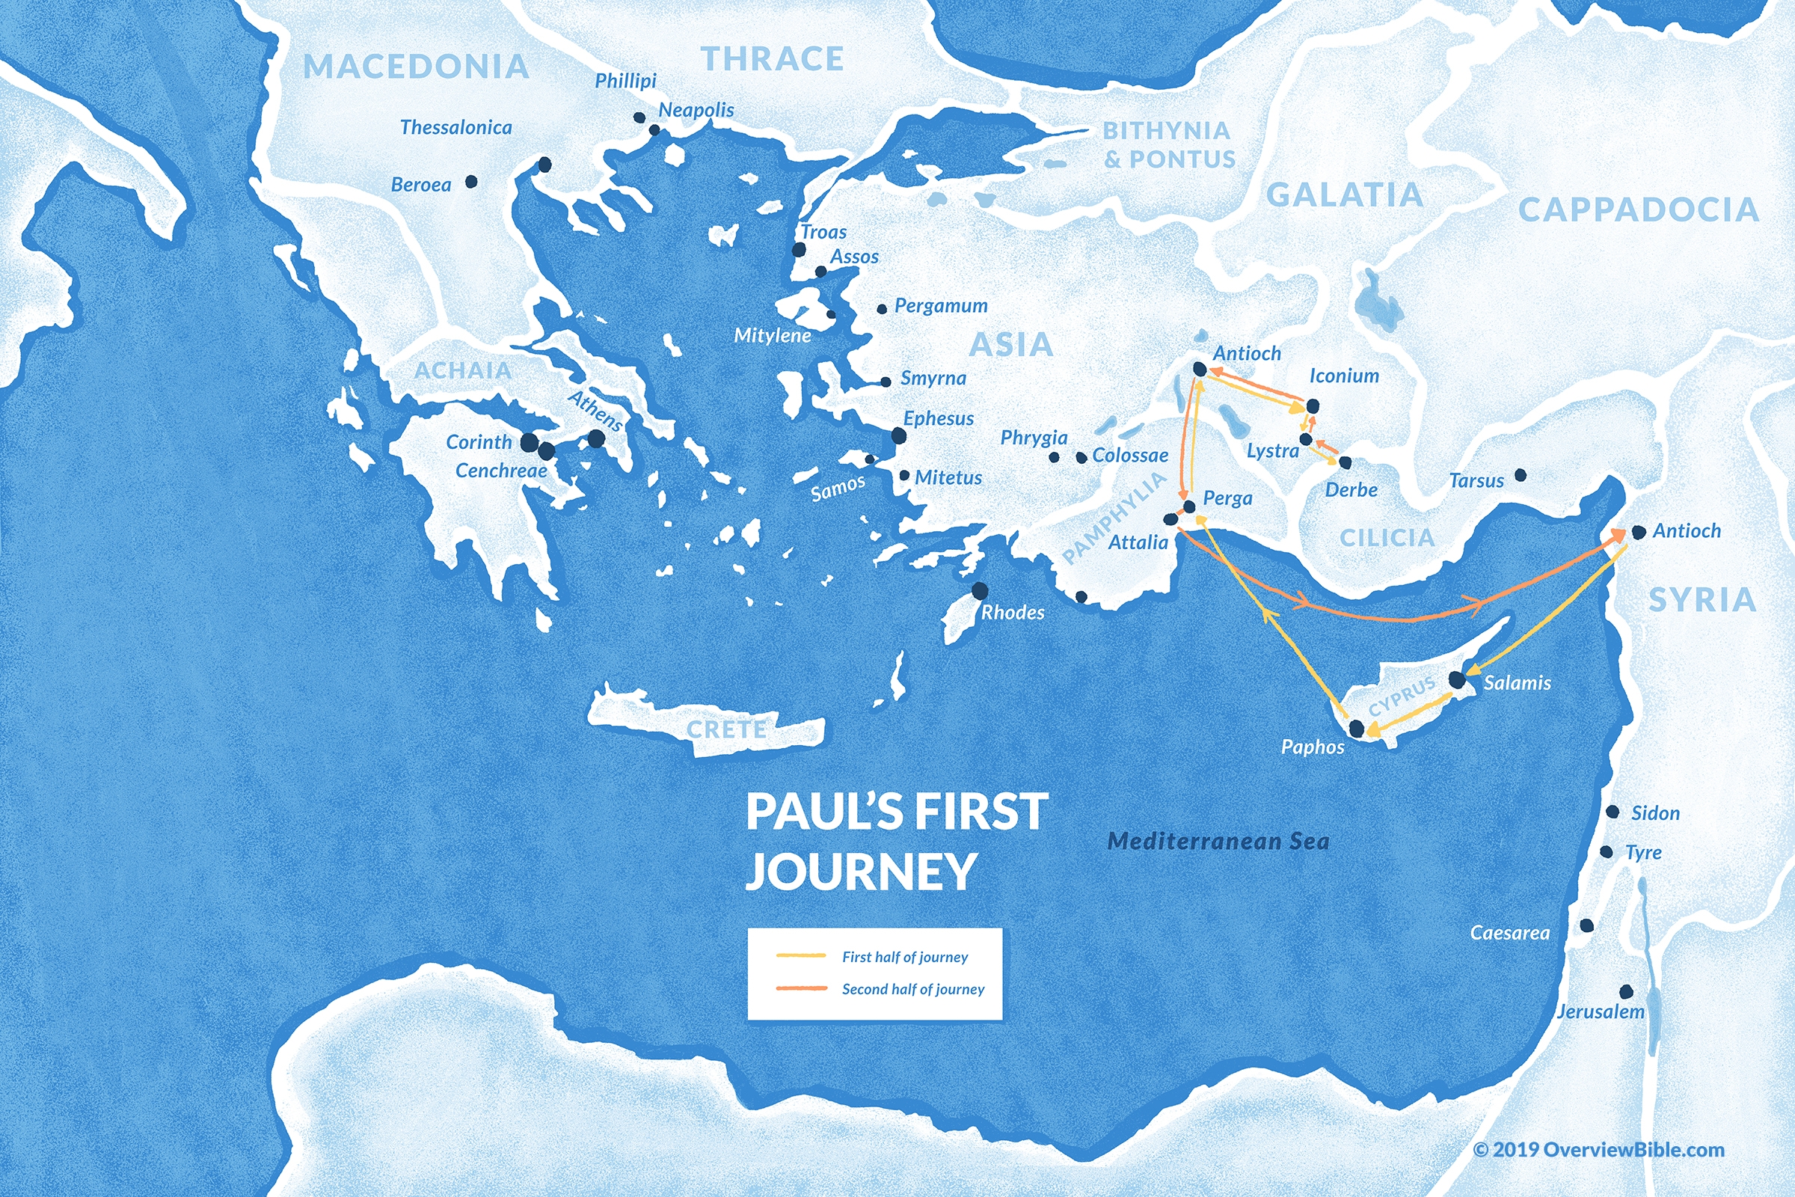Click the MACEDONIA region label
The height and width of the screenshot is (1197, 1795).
pyautogui.click(x=416, y=67)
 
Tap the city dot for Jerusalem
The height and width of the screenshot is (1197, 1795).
pyautogui.click(x=1626, y=992)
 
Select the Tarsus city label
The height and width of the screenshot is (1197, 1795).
pyautogui.click(x=1476, y=481)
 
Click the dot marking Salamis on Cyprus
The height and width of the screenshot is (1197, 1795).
pyautogui.click(x=1456, y=679)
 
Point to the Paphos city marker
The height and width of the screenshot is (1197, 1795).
pyautogui.click(x=1356, y=728)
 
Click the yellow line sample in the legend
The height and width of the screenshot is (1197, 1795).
pyautogui.click(x=800, y=956)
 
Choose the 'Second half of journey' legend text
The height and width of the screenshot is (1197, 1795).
pyautogui.click(x=912, y=989)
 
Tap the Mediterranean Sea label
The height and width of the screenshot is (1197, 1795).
pyautogui.click(x=1218, y=841)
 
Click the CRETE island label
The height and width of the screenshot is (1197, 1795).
pyautogui.click(x=725, y=730)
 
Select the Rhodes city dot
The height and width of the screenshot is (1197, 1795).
pyautogui.click(x=980, y=591)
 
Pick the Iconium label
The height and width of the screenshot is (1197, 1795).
pyautogui.click(x=1344, y=376)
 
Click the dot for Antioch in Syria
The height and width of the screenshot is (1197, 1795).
pyautogui.click(x=1638, y=532)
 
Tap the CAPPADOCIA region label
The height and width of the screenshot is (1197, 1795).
pyautogui.click(x=1638, y=210)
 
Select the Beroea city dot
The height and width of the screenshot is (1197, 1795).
pyautogui.click(x=472, y=182)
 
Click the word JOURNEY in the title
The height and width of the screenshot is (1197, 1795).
pyautogui.click(x=861, y=871)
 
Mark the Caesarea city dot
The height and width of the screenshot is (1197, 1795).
pyautogui.click(x=1586, y=925)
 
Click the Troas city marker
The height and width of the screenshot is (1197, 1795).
pyautogui.click(x=799, y=250)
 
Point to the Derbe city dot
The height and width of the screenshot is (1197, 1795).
pyautogui.click(x=1345, y=462)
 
